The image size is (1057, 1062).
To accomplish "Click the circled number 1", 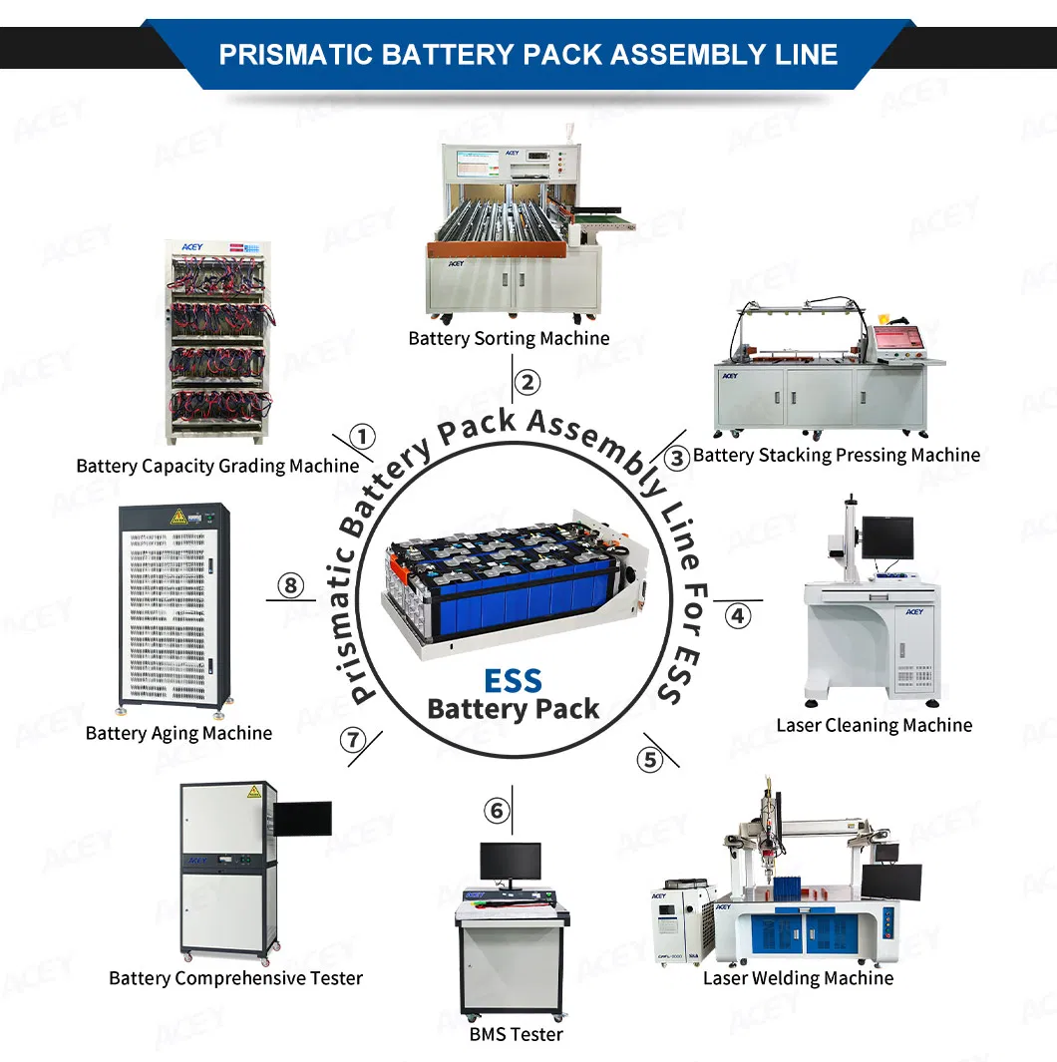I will click(363, 437).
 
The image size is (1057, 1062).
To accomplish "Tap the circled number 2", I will click(528, 382).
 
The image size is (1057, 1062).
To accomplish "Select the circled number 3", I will click(677, 458).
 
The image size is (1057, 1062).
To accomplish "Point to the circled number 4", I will click(737, 615).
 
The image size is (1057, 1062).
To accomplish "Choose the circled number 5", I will click(650, 760).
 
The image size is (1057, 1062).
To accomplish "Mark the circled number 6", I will click(498, 811).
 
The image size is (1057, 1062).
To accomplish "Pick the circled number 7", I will click(352, 740).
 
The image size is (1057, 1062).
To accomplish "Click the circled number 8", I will click(291, 585).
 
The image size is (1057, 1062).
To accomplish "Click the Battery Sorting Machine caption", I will click(509, 339).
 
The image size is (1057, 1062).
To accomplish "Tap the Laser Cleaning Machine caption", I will click(874, 725).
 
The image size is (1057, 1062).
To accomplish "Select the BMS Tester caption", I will click(516, 1034).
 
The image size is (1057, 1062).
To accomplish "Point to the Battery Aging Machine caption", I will click(178, 733).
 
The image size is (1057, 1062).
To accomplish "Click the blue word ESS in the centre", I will click(513, 681).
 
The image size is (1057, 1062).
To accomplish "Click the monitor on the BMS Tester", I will click(511, 861).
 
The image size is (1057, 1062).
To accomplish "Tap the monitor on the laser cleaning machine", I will click(886, 536).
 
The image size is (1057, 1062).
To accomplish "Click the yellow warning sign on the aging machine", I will click(178, 516).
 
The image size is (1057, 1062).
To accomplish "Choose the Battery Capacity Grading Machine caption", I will click(217, 466).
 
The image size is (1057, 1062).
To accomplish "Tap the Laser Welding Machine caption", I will click(798, 978).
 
